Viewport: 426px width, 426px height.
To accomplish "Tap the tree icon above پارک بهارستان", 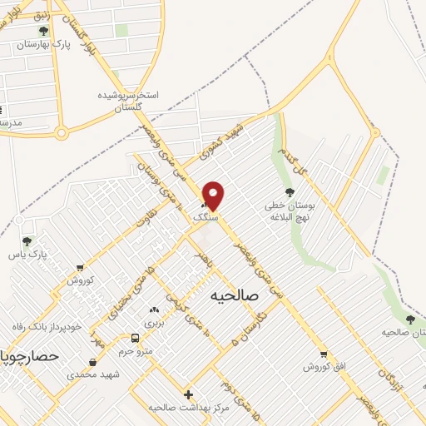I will [43, 31].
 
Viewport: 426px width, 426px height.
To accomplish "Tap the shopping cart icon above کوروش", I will [79, 268].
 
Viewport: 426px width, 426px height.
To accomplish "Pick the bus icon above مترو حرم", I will [135, 338].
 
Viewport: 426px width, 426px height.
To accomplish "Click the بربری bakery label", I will [155, 322].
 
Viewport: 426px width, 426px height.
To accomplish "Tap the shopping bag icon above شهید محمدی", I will [92, 362].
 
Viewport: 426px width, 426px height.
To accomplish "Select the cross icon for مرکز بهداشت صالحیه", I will [188, 394].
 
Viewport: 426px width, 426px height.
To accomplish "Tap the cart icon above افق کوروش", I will [324, 354].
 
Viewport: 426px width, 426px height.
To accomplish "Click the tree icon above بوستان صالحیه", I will [409, 319].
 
